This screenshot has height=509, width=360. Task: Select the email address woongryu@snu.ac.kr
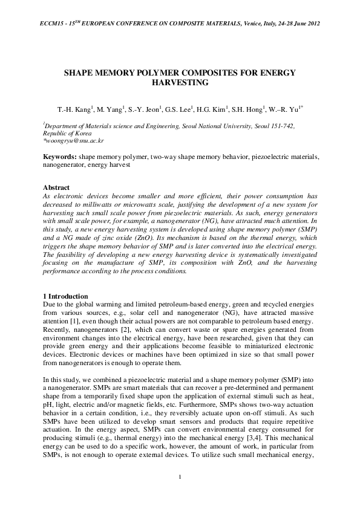point(73,140)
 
